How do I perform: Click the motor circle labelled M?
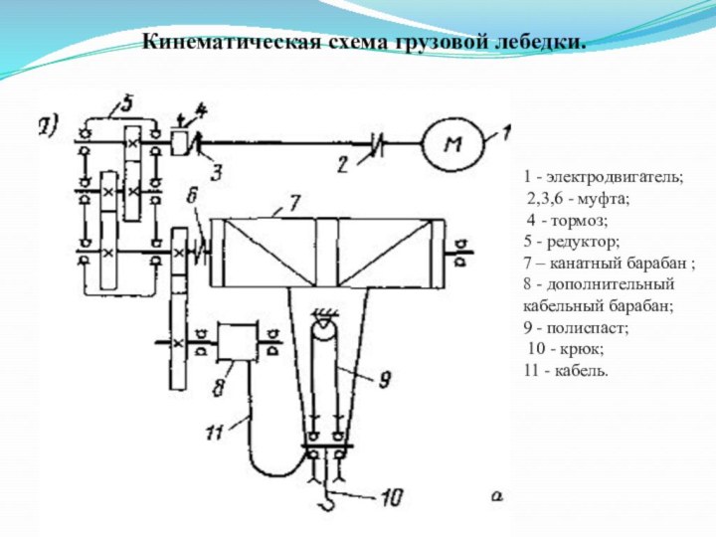pyautogui.click(x=452, y=144)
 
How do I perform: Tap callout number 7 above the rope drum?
pyautogui.click(x=294, y=203)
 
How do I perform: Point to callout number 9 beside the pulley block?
pyautogui.click(x=382, y=378)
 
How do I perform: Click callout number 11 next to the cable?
pyautogui.click(x=213, y=431)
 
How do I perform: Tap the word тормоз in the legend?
pyautogui.click(x=587, y=220)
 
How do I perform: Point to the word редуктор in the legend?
pyautogui.click(x=582, y=242)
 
